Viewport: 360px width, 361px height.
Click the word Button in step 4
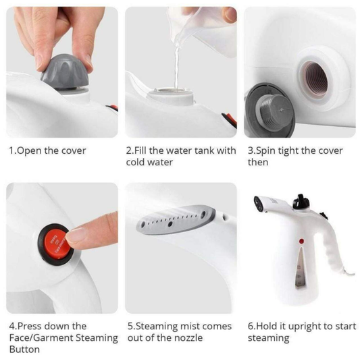[24, 350]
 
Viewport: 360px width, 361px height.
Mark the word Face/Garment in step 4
[40, 338]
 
